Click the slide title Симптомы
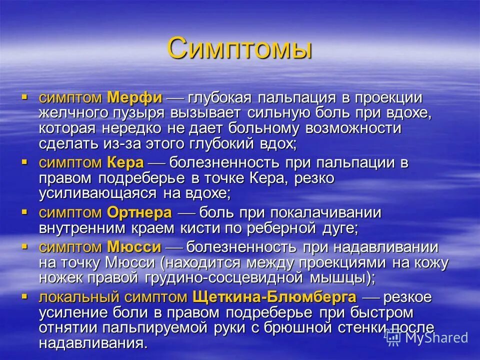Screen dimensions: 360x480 click(240, 48)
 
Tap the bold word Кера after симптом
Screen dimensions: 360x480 click(125, 162)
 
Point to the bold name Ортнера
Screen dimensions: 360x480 click(139, 213)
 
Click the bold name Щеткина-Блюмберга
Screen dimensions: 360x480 click(274, 297)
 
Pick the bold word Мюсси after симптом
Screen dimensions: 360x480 click(134, 247)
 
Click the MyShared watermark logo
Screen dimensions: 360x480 click(427, 337)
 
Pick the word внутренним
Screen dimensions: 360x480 click(84, 228)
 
